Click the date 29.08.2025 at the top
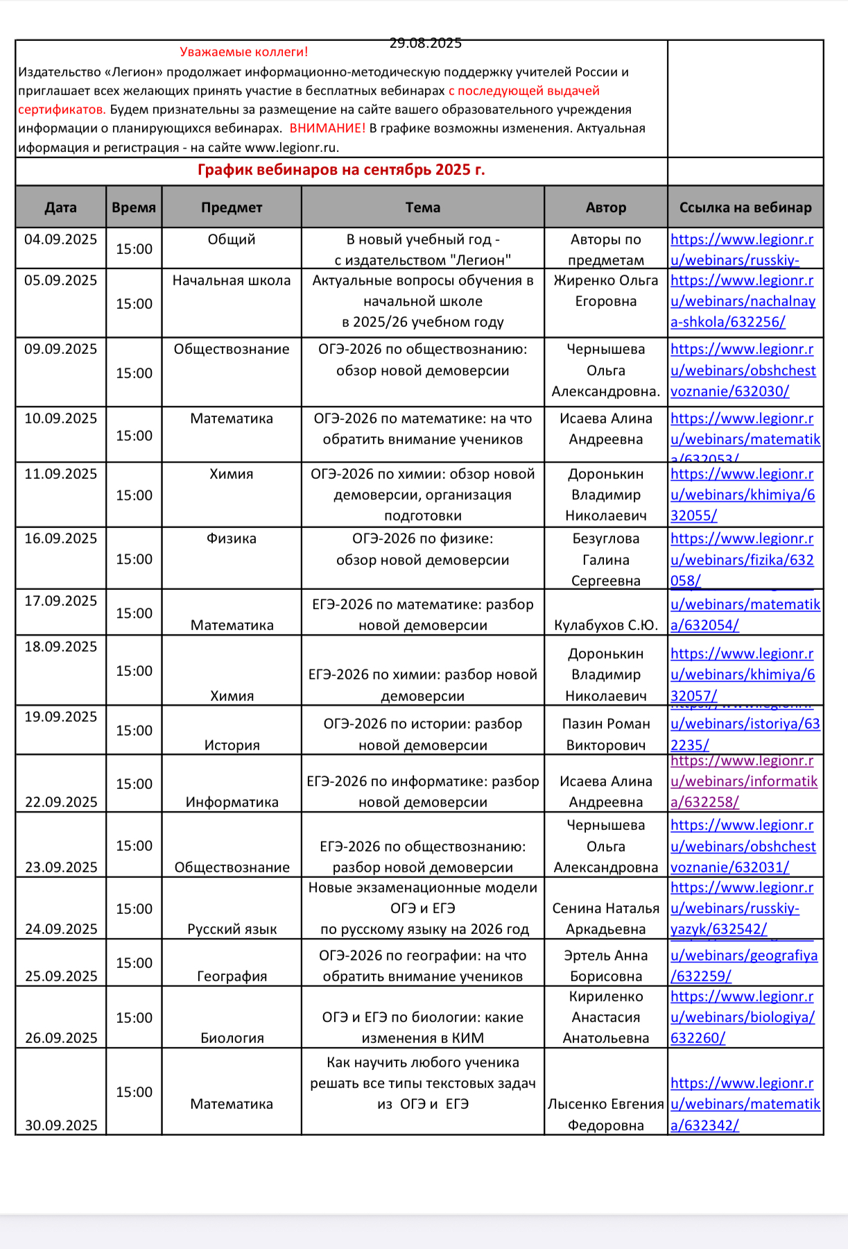pyautogui.click(x=425, y=43)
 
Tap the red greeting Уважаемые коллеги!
pyautogui.click(x=243, y=52)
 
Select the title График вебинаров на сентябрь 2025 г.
pyautogui.click(x=341, y=170)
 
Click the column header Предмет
pyautogui.click(x=232, y=207)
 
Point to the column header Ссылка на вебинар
pyautogui.click(x=745, y=207)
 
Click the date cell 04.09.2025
pyautogui.click(x=61, y=239)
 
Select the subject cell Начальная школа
pyautogui.click(x=232, y=280)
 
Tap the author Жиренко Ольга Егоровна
pyautogui.click(x=605, y=291)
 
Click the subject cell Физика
pyautogui.click(x=232, y=538)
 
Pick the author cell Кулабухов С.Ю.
pyautogui.click(x=605, y=625)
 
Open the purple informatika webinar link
pyautogui.click(x=744, y=781)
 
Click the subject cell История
pyautogui.click(x=232, y=745)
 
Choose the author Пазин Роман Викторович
pyautogui.click(x=605, y=734)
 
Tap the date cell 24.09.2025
pyautogui.click(x=61, y=929)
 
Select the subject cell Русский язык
pyautogui.click(x=232, y=929)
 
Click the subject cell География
pyautogui.click(x=232, y=976)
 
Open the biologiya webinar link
pyautogui.click(x=742, y=1017)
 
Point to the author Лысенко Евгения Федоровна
pyautogui.click(x=605, y=1114)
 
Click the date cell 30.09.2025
pyautogui.click(x=61, y=1125)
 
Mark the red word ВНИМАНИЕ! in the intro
pyautogui.click(x=327, y=128)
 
